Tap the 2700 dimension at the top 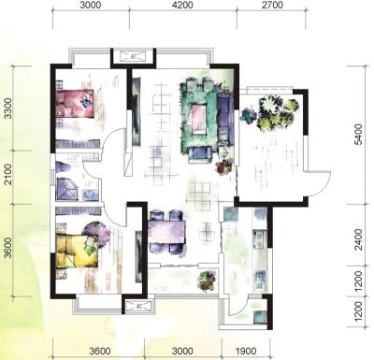272,6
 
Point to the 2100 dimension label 7,174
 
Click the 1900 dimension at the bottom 246,352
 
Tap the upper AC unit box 134,56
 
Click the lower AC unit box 139,307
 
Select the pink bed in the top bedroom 75,103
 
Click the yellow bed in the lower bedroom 76,251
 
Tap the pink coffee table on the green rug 198,119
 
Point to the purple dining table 167,232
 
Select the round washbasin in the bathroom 90,194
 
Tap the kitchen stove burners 259,238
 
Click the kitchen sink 259,280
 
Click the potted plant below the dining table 208,281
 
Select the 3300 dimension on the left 7,108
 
